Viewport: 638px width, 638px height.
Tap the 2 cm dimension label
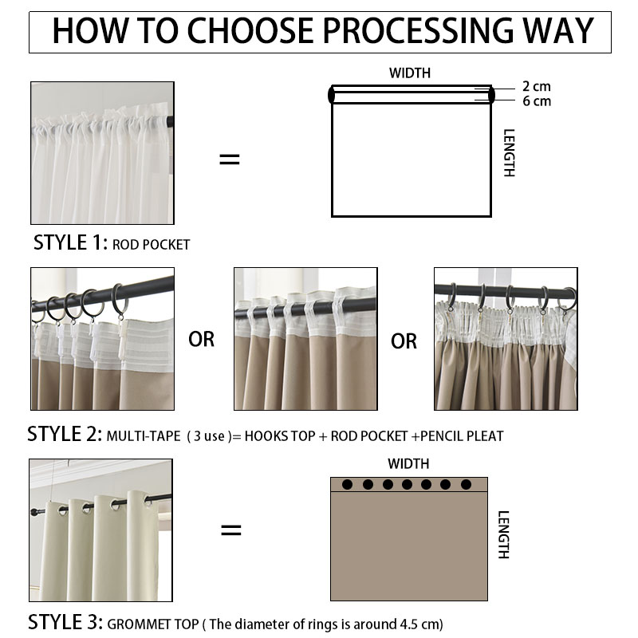536,86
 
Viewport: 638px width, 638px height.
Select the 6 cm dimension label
537,101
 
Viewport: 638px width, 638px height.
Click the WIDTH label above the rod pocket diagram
409,73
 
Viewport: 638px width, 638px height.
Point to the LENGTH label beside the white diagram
509,153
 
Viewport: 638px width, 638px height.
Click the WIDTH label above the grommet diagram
408,463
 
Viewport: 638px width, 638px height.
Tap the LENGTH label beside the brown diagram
504,534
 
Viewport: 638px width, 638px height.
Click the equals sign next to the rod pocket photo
230,159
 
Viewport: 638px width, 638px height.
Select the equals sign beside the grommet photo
230,530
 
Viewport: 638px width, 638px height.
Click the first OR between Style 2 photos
202,340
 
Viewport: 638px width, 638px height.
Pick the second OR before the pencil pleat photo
404,341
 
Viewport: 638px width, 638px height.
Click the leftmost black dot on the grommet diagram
347,484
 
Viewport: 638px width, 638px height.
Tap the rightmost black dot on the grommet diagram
466,484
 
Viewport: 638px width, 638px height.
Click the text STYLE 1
70,243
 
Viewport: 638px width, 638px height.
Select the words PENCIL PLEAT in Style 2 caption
462,436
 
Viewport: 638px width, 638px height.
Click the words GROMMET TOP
153,624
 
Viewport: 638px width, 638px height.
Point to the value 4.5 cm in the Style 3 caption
420,624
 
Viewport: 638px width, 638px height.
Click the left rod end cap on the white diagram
331,95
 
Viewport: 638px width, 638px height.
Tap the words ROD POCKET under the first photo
151,245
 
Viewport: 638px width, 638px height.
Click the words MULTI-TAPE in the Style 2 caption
144,436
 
